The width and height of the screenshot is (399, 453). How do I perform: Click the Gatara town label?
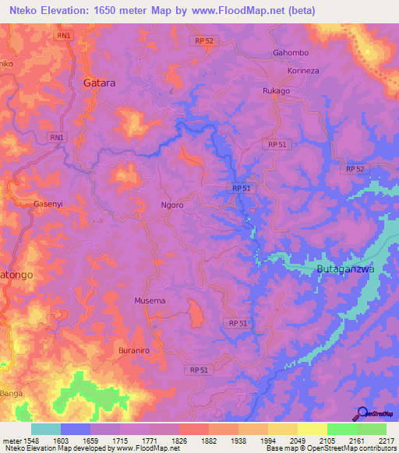pyautogui.click(x=100, y=81)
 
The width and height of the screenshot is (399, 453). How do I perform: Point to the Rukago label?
pyautogui.click(x=276, y=90)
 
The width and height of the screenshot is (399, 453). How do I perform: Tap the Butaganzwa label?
pyautogui.click(x=346, y=269)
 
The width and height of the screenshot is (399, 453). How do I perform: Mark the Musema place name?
pyautogui.click(x=150, y=300)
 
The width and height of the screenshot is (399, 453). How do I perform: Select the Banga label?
pyautogui.click(x=11, y=393)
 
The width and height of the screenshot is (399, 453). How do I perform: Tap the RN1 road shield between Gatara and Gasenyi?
pyautogui.click(x=57, y=138)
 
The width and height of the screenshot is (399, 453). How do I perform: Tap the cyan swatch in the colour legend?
pyautogui.click(x=46, y=429)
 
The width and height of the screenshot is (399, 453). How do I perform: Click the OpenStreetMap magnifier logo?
pyautogui.click(x=362, y=414)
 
